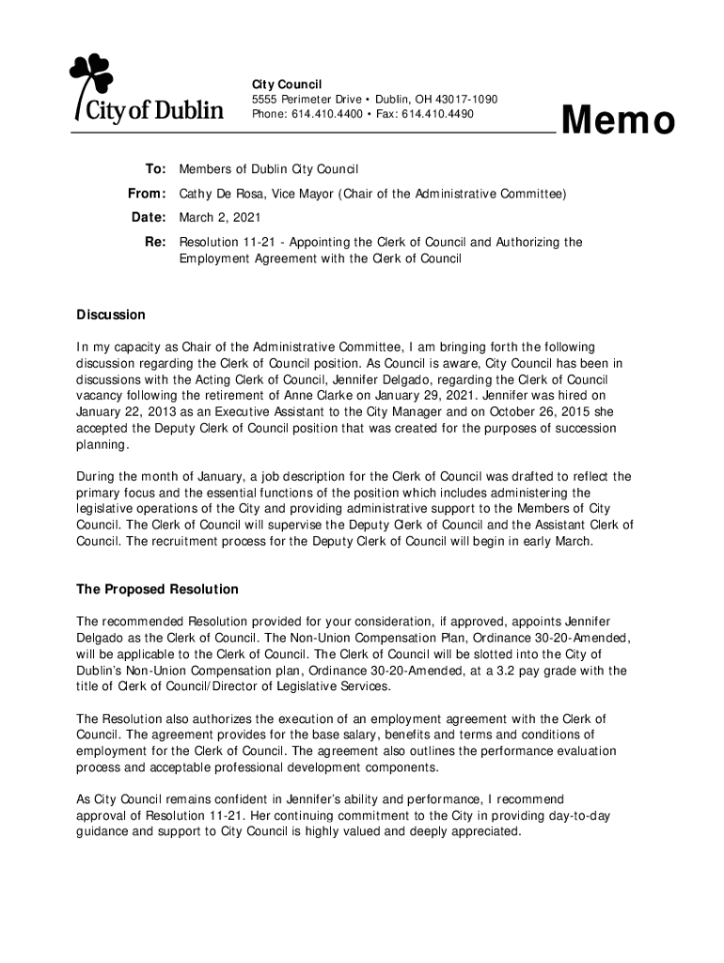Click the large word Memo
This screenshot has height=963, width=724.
(x=618, y=121)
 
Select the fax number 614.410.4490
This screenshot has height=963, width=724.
(x=438, y=115)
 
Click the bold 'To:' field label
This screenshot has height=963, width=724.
(x=155, y=169)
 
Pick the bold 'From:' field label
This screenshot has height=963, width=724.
(x=147, y=194)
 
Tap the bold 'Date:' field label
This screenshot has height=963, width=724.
(x=149, y=218)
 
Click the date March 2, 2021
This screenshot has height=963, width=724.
(x=220, y=218)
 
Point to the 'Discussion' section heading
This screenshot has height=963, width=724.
(x=110, y=315)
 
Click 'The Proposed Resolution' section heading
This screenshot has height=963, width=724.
(x=157, y=590)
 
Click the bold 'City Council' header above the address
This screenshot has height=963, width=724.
(x=286, y=84)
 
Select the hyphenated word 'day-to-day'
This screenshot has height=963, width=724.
(x=577, y=815)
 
